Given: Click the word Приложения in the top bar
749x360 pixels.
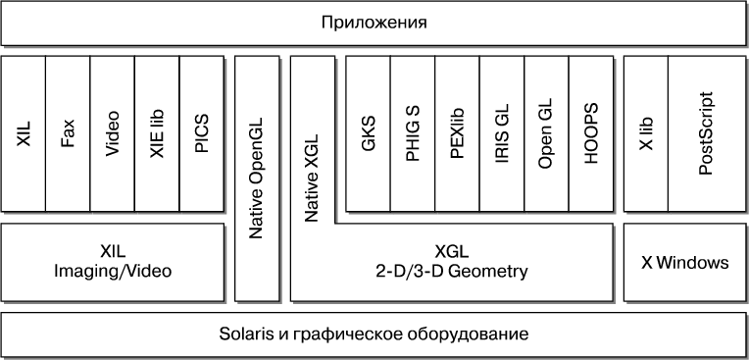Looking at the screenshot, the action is tap(374, 23).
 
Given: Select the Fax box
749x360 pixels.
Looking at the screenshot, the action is tap(68, 133).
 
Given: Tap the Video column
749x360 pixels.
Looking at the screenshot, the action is tap(113, 133).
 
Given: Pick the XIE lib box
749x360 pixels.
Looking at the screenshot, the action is tap(157, 133).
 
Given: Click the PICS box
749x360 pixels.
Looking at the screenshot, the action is tap(202, 133).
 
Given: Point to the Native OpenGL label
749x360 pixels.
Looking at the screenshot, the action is tap(257, 178).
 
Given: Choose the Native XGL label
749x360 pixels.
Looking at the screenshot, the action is tap(312, 178).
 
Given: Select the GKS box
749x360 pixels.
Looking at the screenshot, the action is tap(368, 133).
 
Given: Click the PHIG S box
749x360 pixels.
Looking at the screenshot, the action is tap(413, 133).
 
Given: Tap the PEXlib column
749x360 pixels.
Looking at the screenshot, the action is tap(457, 133).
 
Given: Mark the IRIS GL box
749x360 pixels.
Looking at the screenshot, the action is tap(502, 133).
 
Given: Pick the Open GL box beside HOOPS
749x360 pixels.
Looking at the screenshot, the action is tap(546, 133).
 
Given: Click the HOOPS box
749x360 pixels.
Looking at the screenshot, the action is tap(591, 133).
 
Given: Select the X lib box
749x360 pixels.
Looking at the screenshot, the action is tap(646, 133).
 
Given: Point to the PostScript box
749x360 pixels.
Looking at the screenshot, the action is tap(707, 133).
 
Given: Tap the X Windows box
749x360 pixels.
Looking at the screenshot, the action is tap(684, 263).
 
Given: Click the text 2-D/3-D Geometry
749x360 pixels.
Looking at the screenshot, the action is tap(452, 272).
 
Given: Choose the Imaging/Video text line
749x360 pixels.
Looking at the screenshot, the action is tap(113, 272).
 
